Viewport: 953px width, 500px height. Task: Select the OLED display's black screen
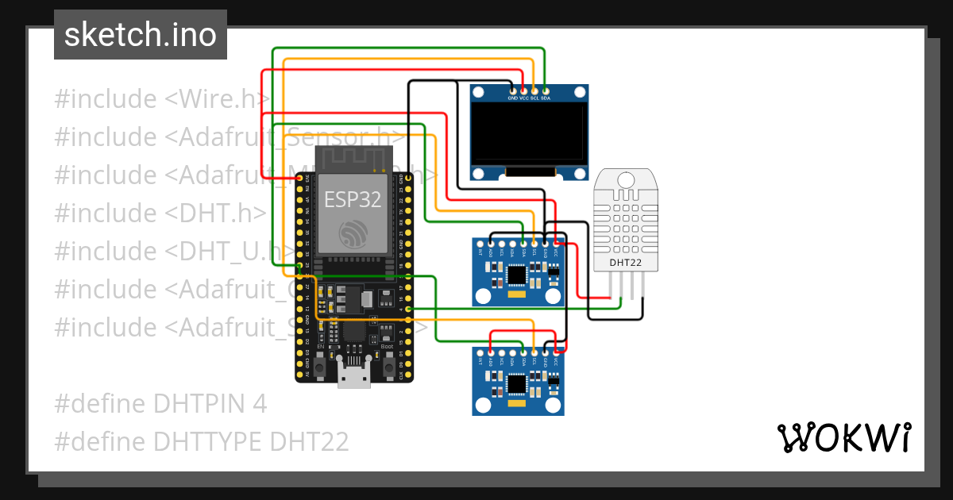click(528, 134)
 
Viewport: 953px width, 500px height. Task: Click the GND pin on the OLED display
click(512, 91)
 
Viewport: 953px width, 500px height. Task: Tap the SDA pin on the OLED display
click(546, 91)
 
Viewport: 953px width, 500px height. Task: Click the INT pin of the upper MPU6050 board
click(480, 243)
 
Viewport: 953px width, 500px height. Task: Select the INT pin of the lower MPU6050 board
click(480, 352)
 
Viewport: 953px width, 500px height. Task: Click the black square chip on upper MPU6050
click(517, 275)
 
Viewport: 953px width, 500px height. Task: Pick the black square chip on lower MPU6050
click(517, 384)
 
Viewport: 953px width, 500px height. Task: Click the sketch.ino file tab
click(141, 35)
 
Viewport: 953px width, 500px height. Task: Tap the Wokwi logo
click(843, 437)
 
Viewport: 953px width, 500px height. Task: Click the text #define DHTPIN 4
click(160, 403)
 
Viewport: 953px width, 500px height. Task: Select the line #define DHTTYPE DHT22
click(202, 441)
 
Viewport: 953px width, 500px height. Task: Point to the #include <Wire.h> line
click(162, 99)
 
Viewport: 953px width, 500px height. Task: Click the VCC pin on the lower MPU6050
click(556, 352)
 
